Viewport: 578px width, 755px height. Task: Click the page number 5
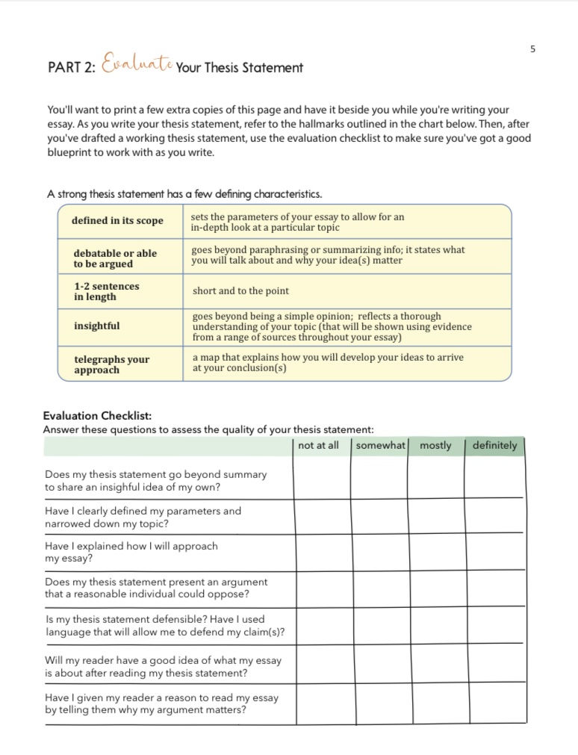532,49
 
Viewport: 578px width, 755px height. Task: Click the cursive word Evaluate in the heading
137,66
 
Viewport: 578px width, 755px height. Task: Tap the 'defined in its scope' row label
117,221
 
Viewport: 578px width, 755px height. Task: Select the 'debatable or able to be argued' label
115,258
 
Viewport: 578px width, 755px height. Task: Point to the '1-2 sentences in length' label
106,291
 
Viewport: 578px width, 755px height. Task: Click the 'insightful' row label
96,326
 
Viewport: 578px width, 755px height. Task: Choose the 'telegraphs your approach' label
111,364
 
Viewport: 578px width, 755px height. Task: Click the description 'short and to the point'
240,291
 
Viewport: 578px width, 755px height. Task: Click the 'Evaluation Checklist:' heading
97,416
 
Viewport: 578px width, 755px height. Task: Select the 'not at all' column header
318,446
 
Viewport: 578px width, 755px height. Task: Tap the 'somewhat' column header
379,446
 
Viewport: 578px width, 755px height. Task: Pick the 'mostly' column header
435,446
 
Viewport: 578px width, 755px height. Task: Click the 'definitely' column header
494,446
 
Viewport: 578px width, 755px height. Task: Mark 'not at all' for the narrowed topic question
321,517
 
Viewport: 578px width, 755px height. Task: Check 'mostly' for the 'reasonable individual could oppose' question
436,588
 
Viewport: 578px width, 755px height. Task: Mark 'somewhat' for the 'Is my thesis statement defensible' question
379,626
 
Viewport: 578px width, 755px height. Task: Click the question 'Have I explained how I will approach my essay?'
131,552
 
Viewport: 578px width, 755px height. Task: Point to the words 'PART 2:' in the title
72,68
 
